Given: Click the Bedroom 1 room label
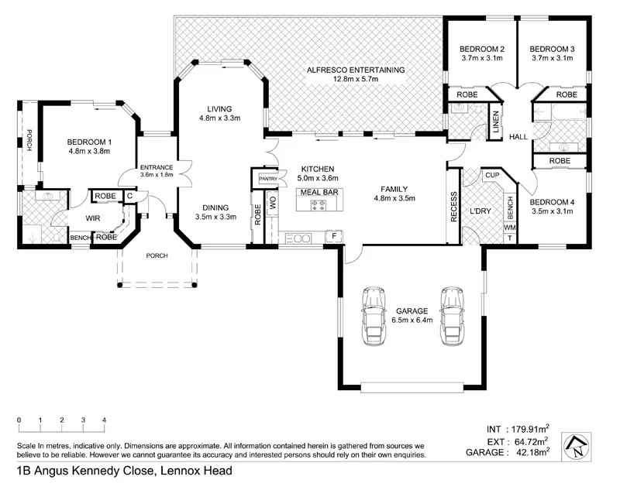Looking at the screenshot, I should click(89, 142).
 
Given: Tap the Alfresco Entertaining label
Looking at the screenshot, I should click(356, 70).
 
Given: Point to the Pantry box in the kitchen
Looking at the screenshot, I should click(268, 179).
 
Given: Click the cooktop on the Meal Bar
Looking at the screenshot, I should click(319, 205).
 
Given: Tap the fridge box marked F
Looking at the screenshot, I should click(334, 235).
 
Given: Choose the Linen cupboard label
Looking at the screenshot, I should click(495, 125).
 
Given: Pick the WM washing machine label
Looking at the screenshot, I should click(509, 228).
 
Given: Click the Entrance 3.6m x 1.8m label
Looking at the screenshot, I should click(156, 170).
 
